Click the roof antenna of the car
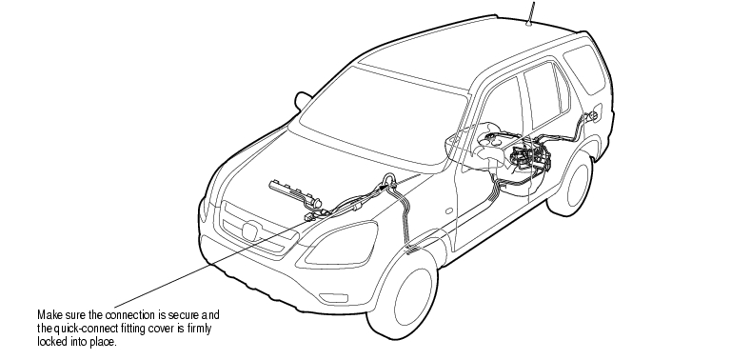click(x=530, y=12)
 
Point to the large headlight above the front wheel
click(x=342, y=244)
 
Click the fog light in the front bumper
click(x=333, y=297)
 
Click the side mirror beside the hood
click(x=302, y=100)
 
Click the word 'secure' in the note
click(x=183, y=315)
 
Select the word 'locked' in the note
click(x=51, y=342)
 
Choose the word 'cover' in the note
click(x=161, y=329)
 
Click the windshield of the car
click(x=383, y=115)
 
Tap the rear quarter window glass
click(x=584, y=68)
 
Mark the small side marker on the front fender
click(x=449, y=210)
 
